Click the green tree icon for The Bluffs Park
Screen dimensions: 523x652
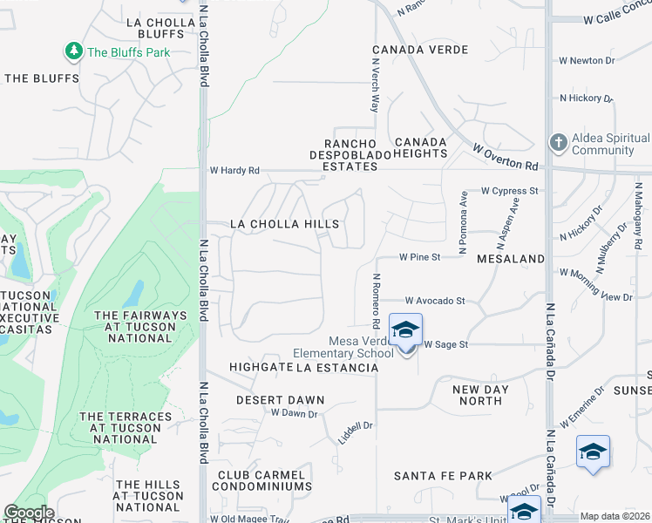pyautogui.click(x=74, y=51)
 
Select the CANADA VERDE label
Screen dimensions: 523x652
pyautogui.click(x=420, y=51)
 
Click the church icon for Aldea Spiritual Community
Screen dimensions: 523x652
pyautogui.click(x=559, y=141)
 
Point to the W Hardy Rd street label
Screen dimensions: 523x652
pyautogui.click(x=234, y=171)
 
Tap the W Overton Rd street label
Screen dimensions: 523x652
pyautogui.click(x=506, y=158)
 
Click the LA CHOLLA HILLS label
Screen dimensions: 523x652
pyautogui.click(x=284, y=224)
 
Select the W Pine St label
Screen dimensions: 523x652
pyautogui.click(x=421, y=257)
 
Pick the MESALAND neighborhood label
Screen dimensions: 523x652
pyautogui.click(x=510, y=259)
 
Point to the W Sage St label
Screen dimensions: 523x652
pyautogui.click(x=446, y=344)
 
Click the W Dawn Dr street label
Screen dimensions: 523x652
pyautogui.click(x=294, y=413)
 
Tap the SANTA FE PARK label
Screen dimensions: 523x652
pyautogui.click(x=443, y=476)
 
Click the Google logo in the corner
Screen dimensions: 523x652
pyautogui.click(x=29, y=513)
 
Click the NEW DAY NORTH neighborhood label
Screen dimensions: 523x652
pyautogui.click(x=479, y=395)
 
